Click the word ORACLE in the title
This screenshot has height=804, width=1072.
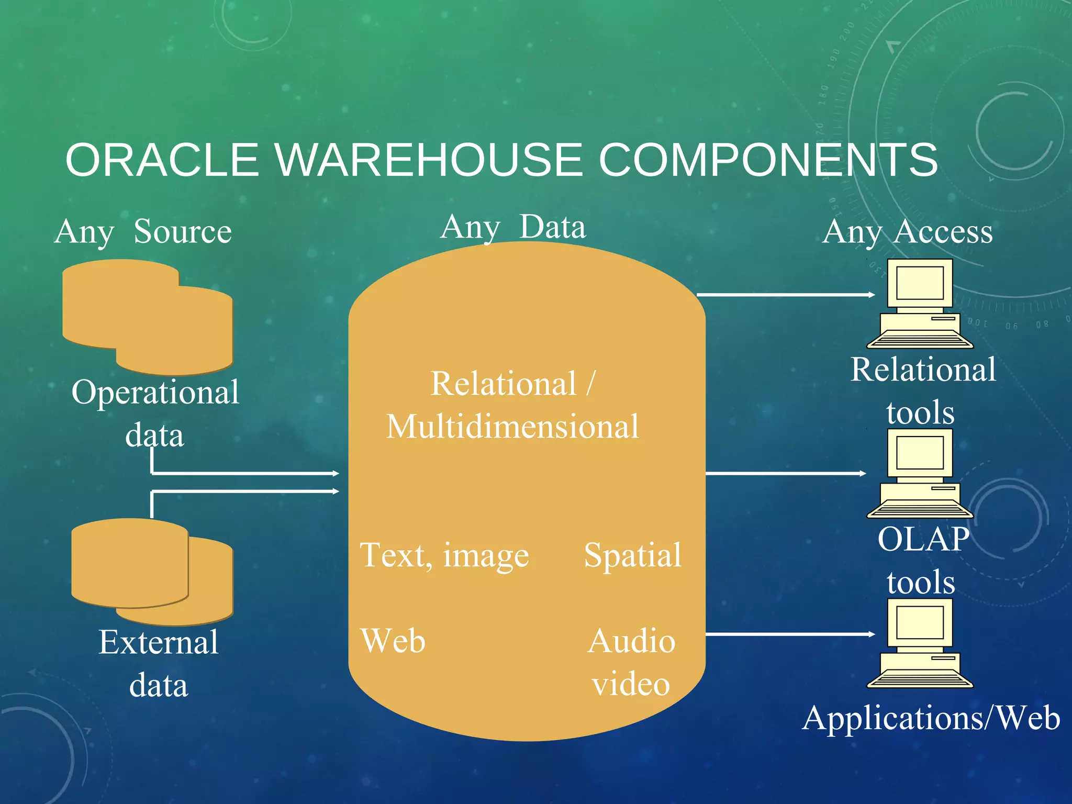click(x=162, y=160)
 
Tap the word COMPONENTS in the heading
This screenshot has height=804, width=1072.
click(x=768, y=160)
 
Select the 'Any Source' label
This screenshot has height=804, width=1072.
click(x=143, y=231)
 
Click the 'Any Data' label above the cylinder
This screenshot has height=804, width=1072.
click(x=513, y=227)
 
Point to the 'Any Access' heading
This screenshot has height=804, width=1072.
click(x=907, y=231)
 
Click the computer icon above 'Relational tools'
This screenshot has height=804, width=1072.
click(x=920, y=304)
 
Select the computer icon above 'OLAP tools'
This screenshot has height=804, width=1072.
click(x=920, y=473)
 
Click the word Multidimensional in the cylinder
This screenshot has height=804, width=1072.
click(x=512, y=426)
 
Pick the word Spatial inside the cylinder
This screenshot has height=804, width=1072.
click(x=632, y=555)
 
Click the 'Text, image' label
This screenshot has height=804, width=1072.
click(x=444, y=555)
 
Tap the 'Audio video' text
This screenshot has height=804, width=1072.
click(x=631, y=662)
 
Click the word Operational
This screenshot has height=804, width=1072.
click(x=155, y=392)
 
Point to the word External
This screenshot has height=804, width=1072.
click(x=158, y=642)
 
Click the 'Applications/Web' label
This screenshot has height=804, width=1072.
click(x=931, y=718)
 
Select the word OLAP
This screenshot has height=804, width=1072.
click(x=923, y=539)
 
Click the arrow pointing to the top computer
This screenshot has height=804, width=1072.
click(x=785, y=295)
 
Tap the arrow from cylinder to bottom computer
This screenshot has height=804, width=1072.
click(x=789, y=634)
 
